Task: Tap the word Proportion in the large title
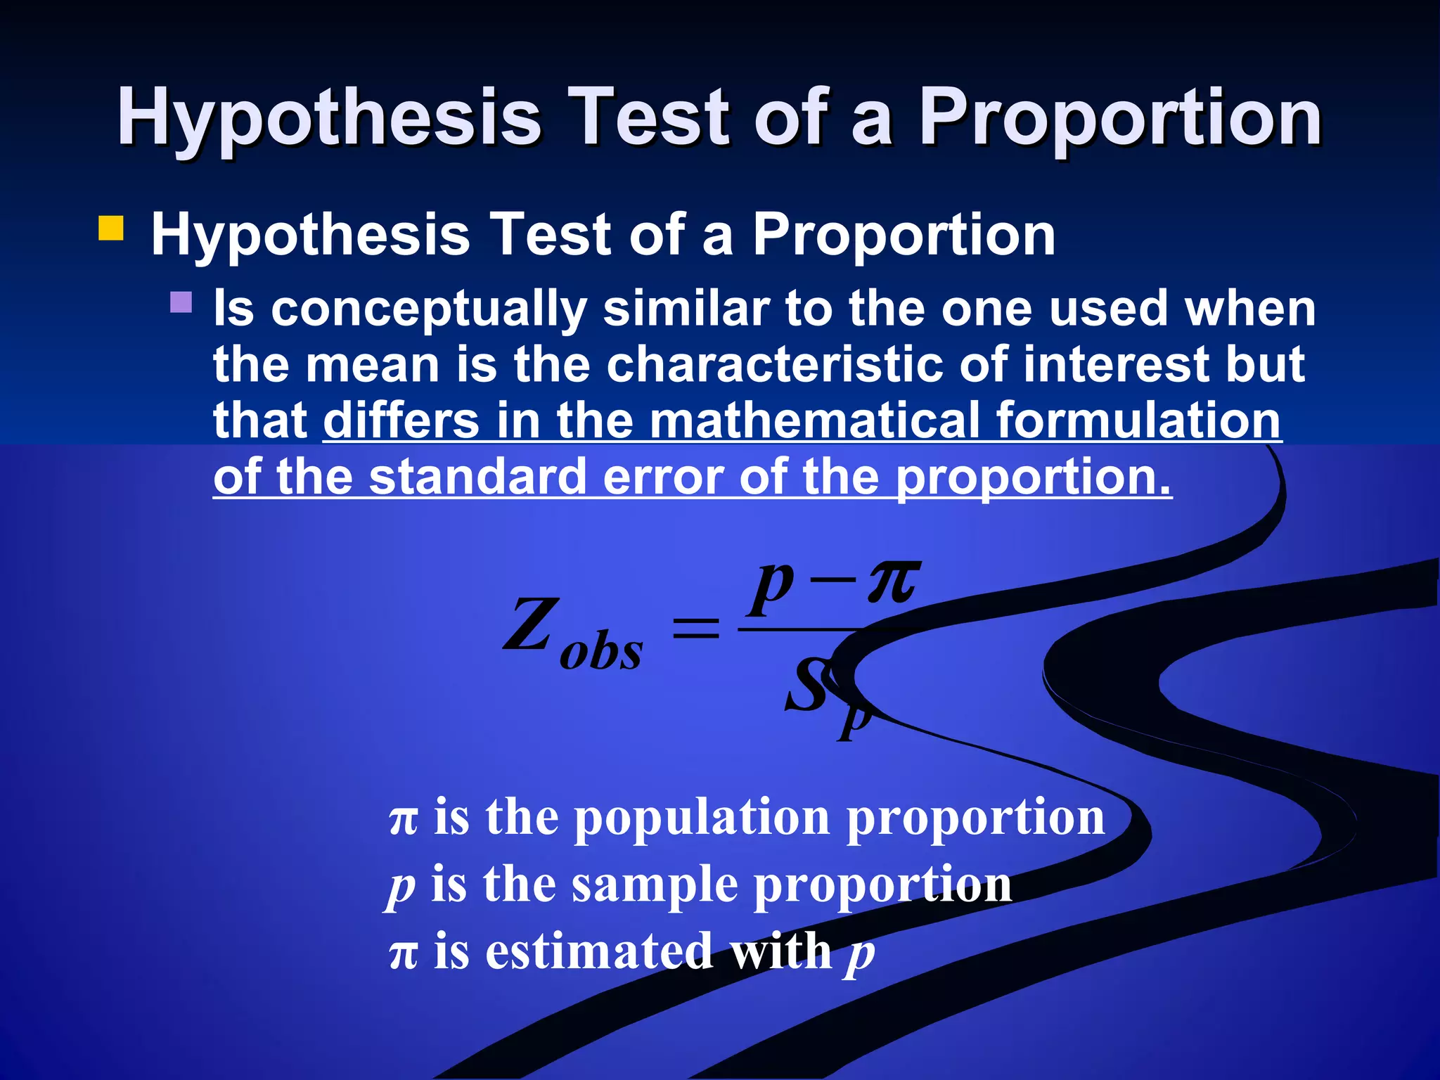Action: click(x=1121, y=118)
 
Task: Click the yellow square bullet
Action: click(x=111, y=229)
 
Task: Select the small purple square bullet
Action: click(x=181, y=302)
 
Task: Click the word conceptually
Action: click(x=429, y=309)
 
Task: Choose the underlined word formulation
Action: click(x=1139, y=420)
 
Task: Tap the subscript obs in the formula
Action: click(x=601, y=652)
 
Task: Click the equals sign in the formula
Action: click(x=696, y=626)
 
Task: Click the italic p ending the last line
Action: click(x=861, y=954)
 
